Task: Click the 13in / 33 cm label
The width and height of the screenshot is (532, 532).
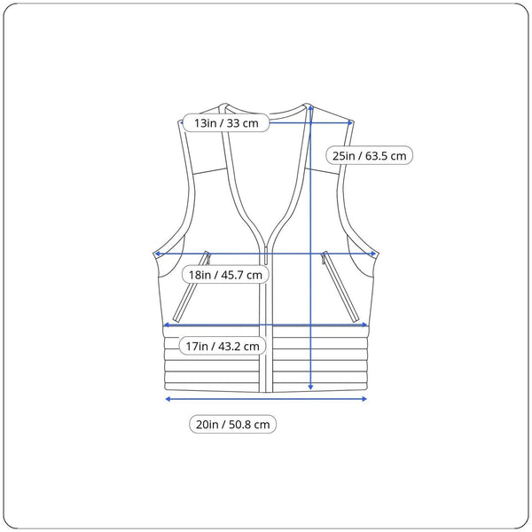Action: (x=226, y=123)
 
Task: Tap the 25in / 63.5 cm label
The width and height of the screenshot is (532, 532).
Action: (x=369, y=156)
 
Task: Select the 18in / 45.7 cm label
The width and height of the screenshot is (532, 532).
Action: (x=225, y=275)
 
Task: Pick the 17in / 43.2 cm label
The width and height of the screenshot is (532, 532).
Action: (x=223, y=346)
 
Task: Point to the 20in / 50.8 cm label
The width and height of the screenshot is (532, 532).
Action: (x=232, y=424)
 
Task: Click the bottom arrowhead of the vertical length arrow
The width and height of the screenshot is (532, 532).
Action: (x=310, y=387)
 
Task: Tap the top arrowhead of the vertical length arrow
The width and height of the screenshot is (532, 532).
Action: (x=310, y=108)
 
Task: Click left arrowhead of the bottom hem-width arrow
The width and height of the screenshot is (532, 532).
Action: (x=168, y=399)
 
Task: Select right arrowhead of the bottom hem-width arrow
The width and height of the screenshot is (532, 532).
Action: (x=364, y=399)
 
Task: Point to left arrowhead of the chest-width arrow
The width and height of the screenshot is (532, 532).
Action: (x=158, y=254)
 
